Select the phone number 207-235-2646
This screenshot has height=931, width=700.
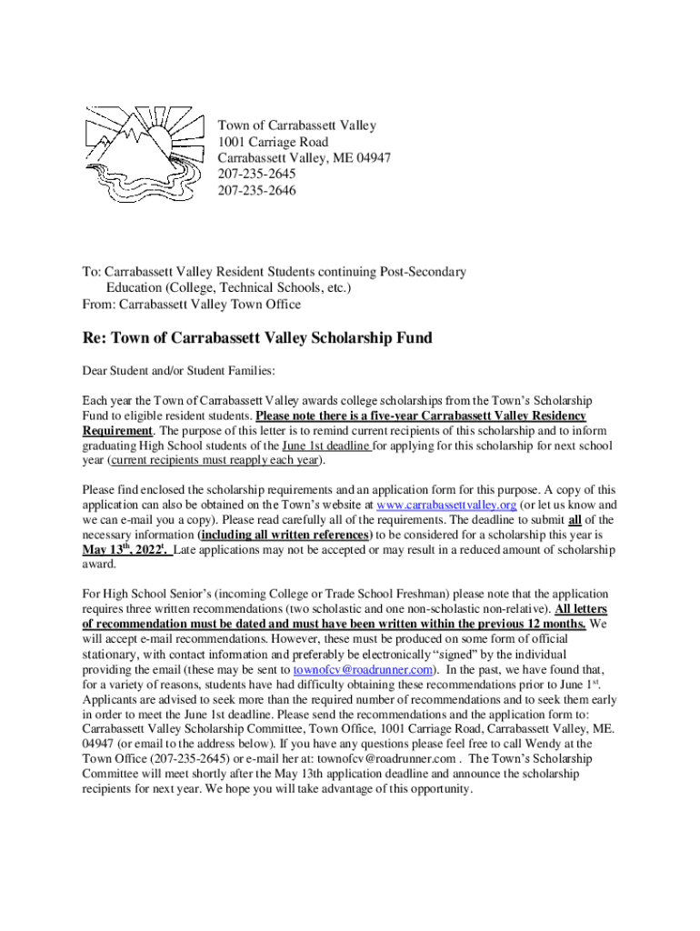257,191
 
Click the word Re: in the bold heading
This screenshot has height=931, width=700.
95,339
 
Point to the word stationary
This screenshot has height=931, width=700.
112,655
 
